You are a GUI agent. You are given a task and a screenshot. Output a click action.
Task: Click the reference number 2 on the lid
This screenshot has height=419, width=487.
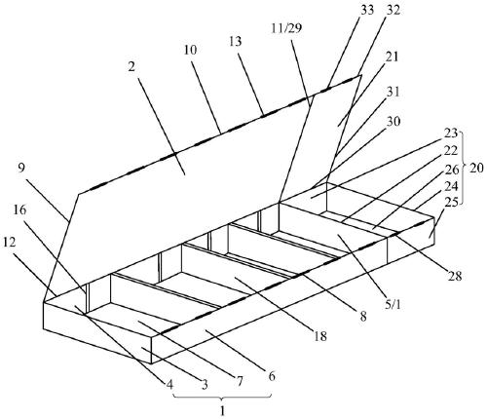131,67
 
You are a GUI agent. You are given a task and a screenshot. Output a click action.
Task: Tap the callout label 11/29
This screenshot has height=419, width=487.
286,28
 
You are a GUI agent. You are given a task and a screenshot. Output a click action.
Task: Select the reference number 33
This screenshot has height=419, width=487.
367,10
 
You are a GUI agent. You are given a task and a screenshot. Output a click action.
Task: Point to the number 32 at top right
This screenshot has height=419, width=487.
393,10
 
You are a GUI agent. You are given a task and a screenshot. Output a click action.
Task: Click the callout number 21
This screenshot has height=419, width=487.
392,57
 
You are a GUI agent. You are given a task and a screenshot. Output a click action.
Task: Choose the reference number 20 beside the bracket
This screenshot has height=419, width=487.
476,168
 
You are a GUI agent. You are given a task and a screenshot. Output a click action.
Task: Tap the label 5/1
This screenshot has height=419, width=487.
393,305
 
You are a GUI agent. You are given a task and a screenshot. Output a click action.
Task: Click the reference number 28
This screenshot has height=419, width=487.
454,276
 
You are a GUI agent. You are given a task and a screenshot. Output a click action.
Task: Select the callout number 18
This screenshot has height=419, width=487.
320,336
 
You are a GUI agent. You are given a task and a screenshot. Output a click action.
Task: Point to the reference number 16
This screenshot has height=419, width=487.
19,210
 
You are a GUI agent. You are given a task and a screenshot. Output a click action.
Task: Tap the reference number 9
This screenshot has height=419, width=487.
20,169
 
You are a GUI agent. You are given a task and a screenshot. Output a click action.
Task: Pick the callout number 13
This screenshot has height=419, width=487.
236,42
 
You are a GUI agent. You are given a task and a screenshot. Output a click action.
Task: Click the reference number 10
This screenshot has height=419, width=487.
191,51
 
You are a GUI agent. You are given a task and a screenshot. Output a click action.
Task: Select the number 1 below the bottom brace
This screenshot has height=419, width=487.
223,411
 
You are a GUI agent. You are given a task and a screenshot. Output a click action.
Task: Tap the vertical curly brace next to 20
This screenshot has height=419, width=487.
465,169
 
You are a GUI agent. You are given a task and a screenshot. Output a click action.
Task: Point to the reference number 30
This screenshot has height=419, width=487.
393,122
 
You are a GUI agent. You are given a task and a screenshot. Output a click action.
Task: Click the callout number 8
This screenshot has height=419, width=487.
363,316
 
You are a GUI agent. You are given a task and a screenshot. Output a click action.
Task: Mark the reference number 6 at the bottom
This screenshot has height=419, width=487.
272,376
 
